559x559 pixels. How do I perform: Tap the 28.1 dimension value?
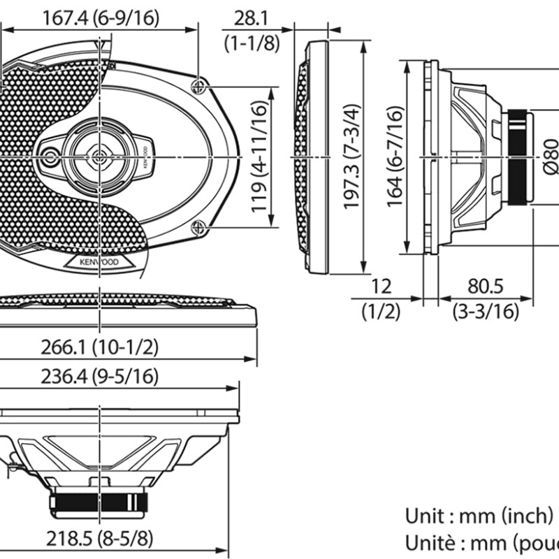[252, 17]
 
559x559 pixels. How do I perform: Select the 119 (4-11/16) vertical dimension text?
[259, 158]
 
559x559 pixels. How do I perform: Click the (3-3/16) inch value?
[486, 312]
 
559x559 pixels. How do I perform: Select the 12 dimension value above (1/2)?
[382, 286]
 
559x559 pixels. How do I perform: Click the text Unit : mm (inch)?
[479, 516]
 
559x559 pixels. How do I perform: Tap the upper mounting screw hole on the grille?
[199, 85]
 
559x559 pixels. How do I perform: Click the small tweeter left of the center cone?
[50, 158]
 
